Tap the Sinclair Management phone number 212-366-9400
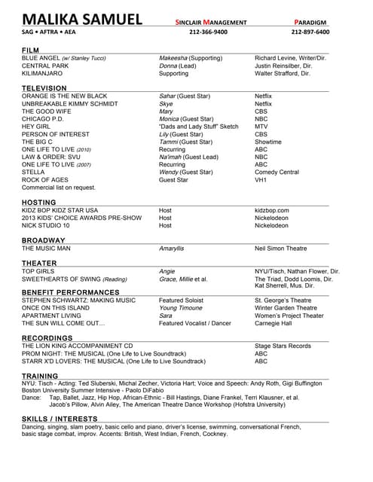coord(208,32)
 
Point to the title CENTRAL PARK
coord(46,66)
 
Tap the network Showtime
coord(268,142)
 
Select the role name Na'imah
coord(171,157)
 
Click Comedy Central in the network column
coord(277,172)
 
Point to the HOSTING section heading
coord(38,202)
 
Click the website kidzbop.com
coord(272,210)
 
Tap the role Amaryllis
coord(172,248)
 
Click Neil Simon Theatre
coord(281,248)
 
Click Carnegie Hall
coord(273,323)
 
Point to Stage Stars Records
coord(283,346)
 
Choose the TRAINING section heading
coord(40,375)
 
